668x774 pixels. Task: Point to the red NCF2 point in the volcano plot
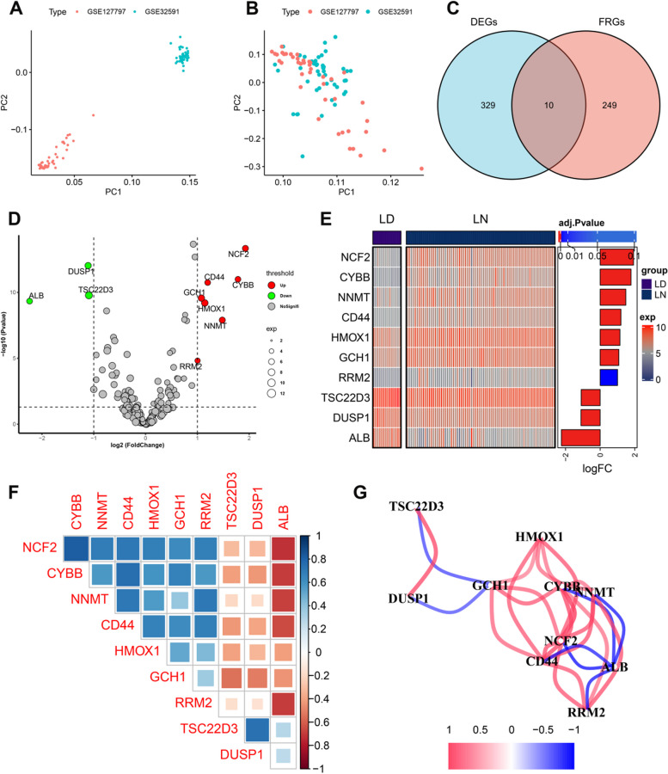click(245, 249)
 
